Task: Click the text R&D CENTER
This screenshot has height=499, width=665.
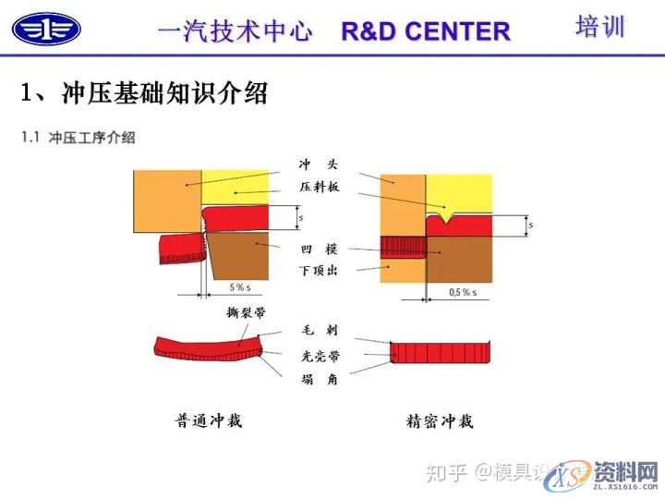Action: tap(425, 30)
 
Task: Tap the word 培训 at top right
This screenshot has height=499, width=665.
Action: tap(599, 26)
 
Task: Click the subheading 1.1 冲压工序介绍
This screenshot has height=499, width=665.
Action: tap(79, 138)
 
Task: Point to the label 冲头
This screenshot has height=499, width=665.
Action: tap(318, 164)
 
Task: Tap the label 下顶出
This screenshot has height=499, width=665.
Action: tap(317, 271)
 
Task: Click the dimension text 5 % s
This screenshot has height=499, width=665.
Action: tap(238, 288)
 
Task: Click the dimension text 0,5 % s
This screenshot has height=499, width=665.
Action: tap(462, 292)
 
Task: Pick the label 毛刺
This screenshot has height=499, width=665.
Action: tap(318, 331)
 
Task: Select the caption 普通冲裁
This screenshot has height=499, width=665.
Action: tap(208, 421)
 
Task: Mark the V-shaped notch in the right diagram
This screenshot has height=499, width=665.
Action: tap(446, 220)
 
